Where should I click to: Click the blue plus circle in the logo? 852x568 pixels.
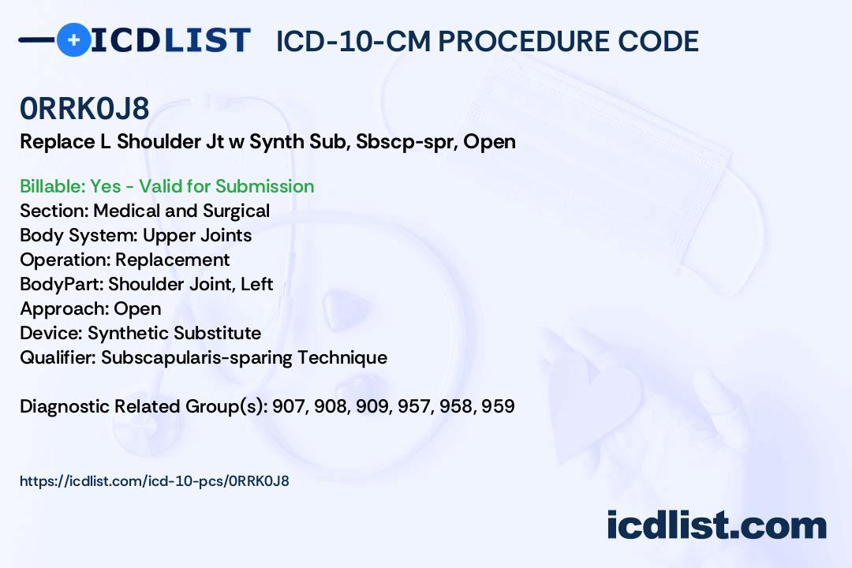[73, 39]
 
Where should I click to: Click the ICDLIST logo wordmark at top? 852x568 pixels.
[170, 40]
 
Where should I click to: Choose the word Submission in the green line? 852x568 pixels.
[264, 186]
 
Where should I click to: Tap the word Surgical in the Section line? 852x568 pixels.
[237, 211]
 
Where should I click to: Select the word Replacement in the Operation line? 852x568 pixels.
[173, 260]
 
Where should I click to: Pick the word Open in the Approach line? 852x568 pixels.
[137, 308]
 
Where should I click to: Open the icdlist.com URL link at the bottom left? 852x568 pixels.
[155, 480]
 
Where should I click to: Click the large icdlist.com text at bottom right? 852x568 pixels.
[716, 525]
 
